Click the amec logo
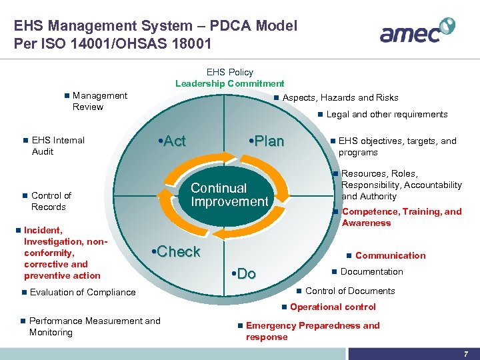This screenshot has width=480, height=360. pos(417,31)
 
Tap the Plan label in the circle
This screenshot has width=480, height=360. pos(265,141)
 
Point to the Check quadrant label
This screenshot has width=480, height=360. pos(176,251)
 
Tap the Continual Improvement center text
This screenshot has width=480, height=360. pos(229,195)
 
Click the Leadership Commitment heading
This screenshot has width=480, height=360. pos(229,83)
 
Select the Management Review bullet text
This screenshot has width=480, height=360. pos(99,101)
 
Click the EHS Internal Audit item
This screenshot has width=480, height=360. pos(58,145)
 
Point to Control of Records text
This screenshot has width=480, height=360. pos(51,201)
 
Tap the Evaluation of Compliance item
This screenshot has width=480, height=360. pos(82,292)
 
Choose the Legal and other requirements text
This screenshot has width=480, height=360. pos(387,114)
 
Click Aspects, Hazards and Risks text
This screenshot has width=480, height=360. pos(340,97)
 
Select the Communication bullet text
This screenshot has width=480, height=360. pos(390,255)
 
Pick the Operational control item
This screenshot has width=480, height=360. pos(333,307)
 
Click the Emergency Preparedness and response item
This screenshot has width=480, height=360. pos(312,331)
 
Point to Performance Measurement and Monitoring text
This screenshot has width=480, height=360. pos(94,326)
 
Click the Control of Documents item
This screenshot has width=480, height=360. pos(349,291)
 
